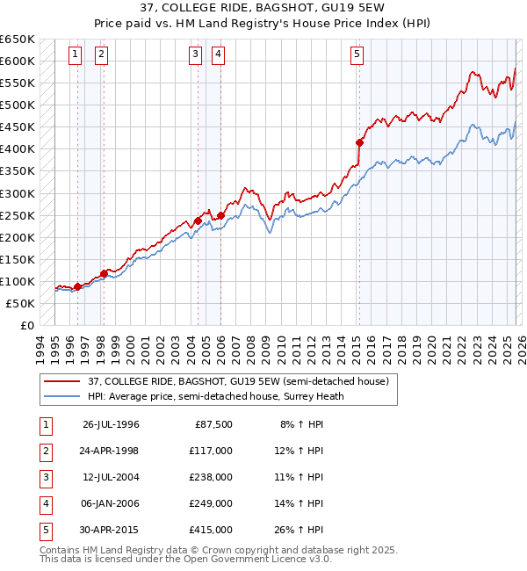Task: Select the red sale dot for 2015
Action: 359,142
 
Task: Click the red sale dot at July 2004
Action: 198,220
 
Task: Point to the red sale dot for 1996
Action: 77,286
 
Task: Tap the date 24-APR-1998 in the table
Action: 110,451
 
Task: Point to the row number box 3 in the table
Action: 43,477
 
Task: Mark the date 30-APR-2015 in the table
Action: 110,530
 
